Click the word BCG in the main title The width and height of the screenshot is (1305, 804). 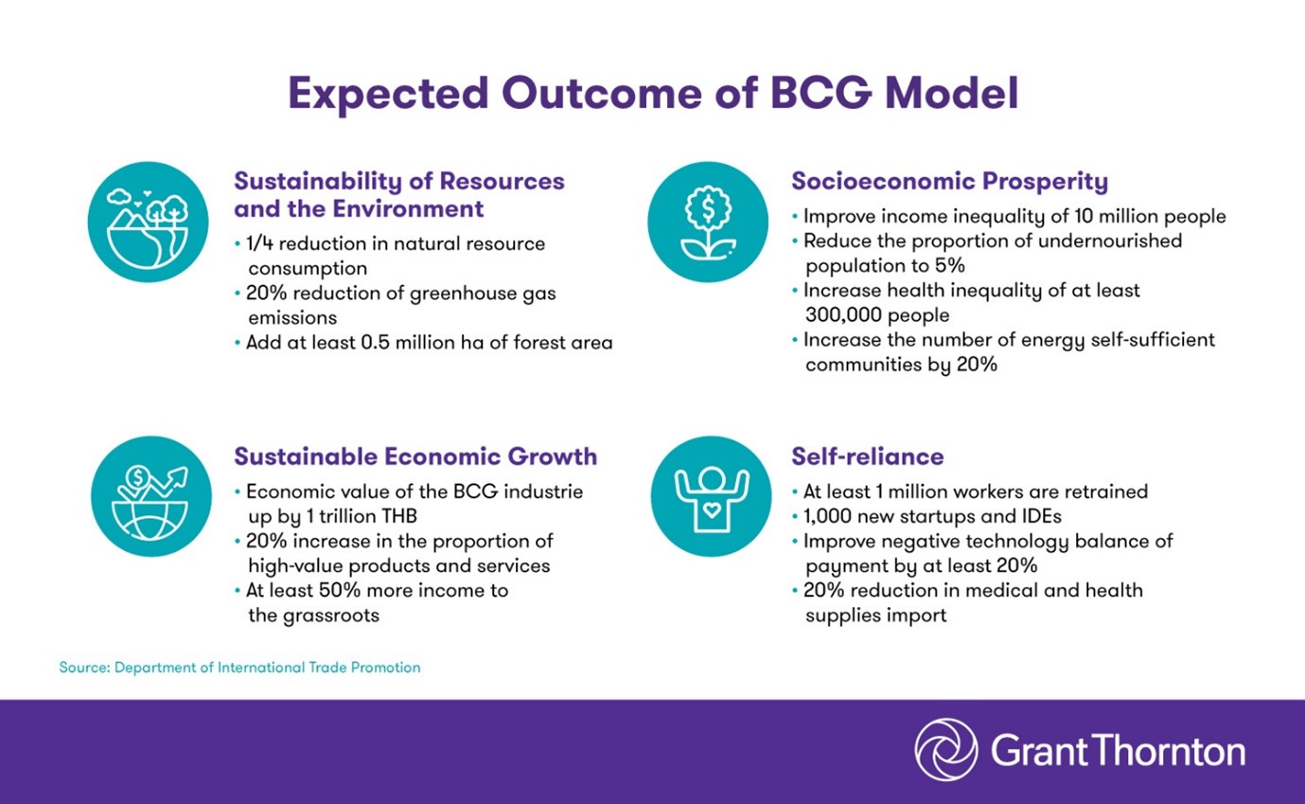tap(820, 93)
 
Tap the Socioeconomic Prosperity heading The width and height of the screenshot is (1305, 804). tap(949, 181)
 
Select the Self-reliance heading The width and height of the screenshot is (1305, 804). tap(868, 456)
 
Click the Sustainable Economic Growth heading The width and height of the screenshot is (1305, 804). tap(415, 456)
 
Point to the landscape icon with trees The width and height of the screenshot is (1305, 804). tap(148, 222)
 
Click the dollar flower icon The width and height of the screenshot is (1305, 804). tap(708, 222)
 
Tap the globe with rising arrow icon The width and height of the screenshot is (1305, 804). tap(150, 496)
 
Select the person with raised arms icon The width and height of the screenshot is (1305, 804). tap(712, 496)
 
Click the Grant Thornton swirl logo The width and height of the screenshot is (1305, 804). tap(946, 750)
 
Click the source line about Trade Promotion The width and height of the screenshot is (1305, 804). tap(239, 668)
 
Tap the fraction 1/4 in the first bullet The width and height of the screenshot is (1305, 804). tap(260, 243)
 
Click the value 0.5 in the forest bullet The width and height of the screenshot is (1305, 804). tap(375, 342)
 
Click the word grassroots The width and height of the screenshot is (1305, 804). tap(331, 616)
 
